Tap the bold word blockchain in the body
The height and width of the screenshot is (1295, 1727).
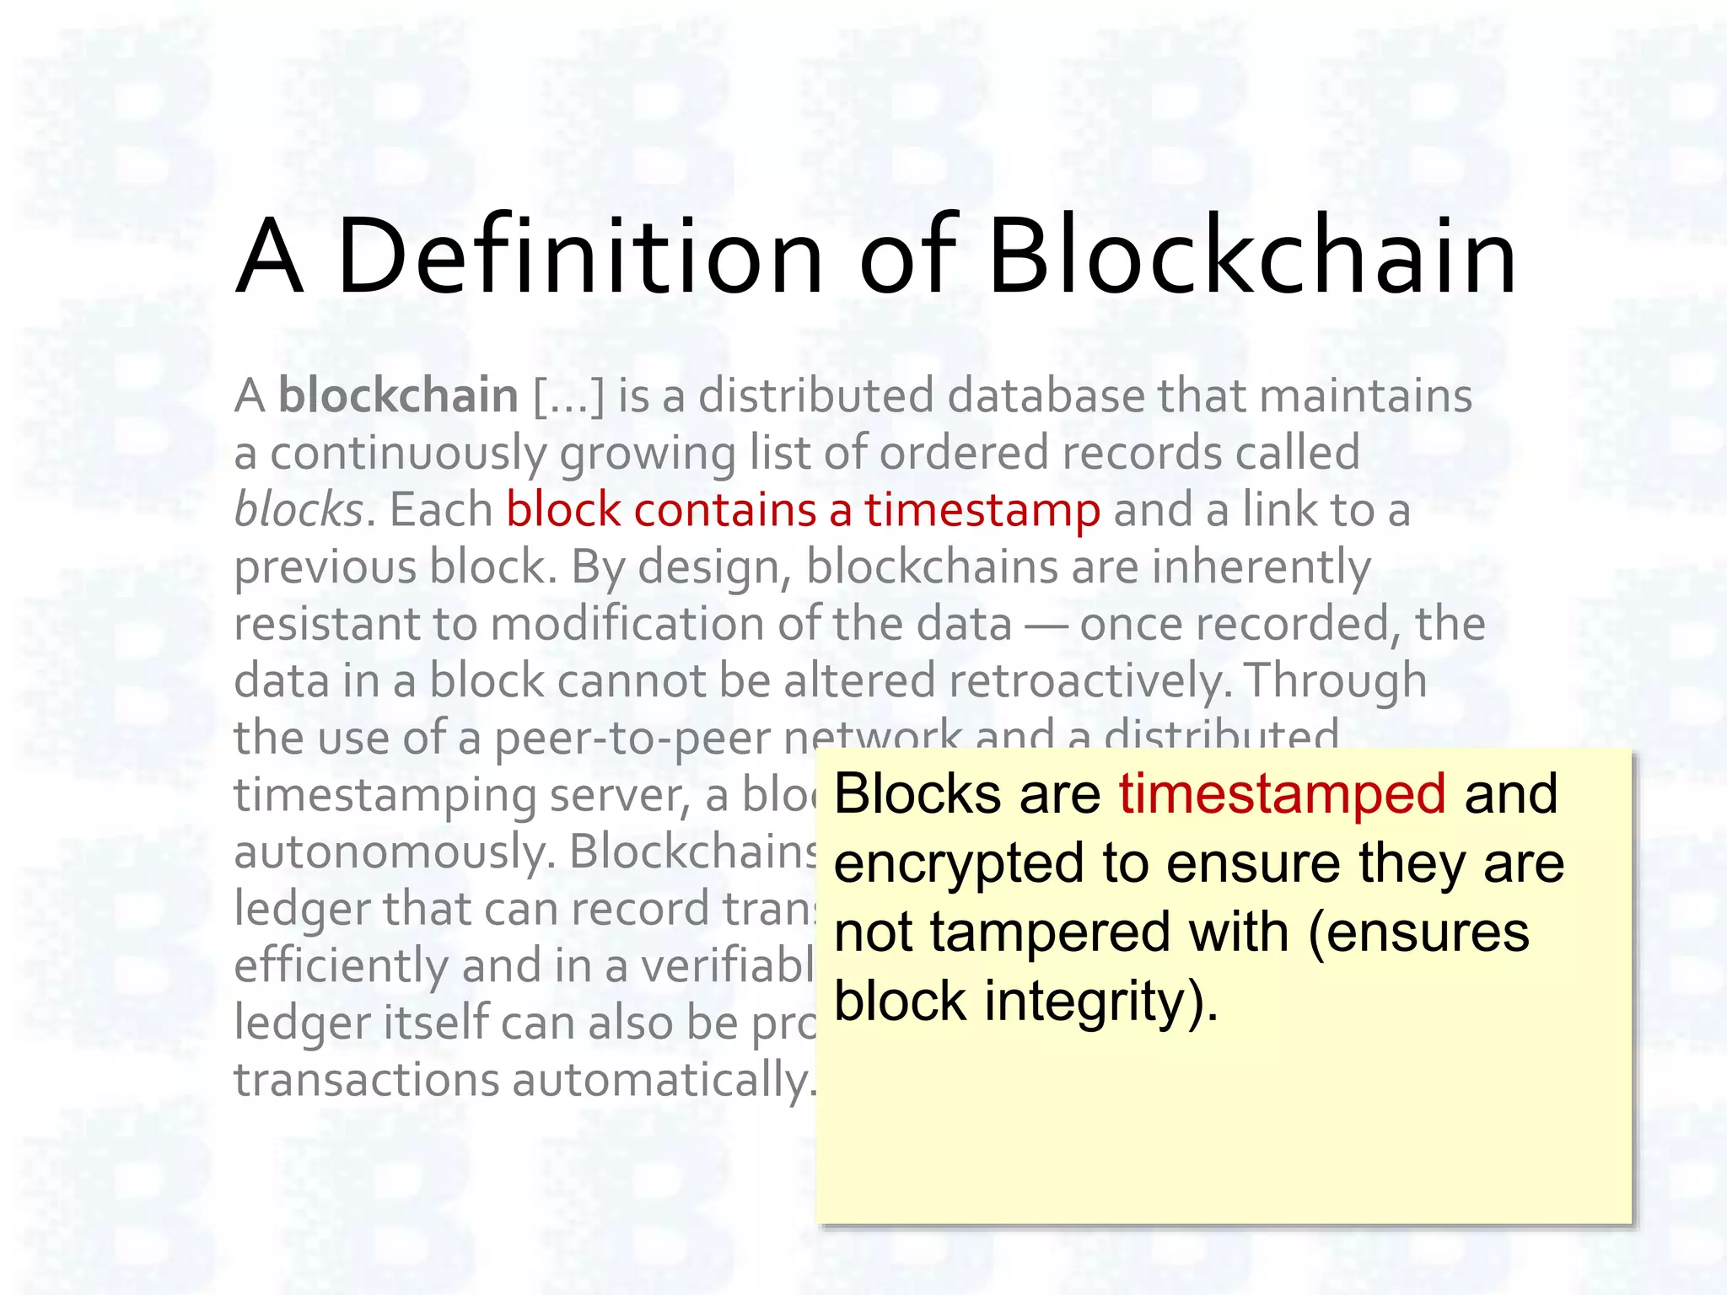pyautogui.click(x=398, y=395)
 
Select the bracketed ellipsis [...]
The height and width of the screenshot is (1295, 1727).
pyautogui.click(x=569, y=396)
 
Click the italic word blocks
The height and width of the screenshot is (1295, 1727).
pyautogui.click(x=299, y=510)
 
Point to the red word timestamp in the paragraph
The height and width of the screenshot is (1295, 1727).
pyautogui.click(x=982, y=511)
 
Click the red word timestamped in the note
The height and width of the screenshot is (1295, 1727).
pyautogui.click(x=1282, y=794)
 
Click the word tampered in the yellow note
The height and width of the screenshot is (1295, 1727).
pyautogui.click(x=1050, y=932)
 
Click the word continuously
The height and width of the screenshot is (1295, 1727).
pyautogui.click(x=408, y=454)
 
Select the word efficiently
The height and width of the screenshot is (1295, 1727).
pyautogui.click(x=341, y=966)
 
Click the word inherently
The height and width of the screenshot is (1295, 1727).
pyautogui.click(x=1262, y=567)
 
